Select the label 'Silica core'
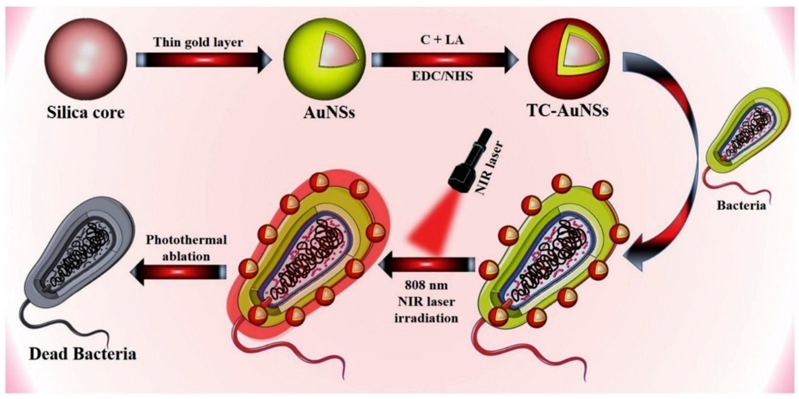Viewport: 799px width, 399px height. point(86,113)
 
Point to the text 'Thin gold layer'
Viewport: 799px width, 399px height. point(199,43)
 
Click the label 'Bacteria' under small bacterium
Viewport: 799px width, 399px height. point(741,205)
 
